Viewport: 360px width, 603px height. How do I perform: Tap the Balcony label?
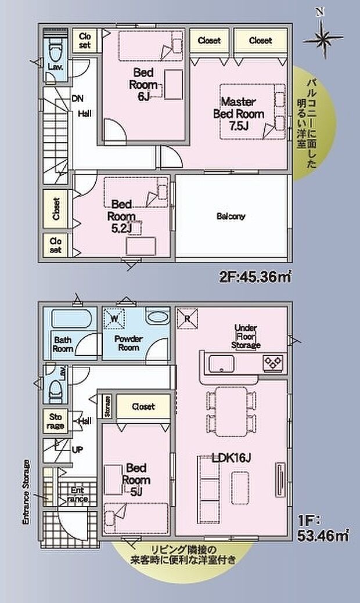231,216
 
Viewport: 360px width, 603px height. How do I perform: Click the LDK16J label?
231,458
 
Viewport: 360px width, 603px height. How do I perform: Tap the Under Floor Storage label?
246,336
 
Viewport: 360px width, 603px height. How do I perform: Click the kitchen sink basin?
221,364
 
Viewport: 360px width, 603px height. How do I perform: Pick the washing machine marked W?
114,319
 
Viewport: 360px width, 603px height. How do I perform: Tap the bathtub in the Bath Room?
69,320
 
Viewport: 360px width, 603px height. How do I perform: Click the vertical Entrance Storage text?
27,492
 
